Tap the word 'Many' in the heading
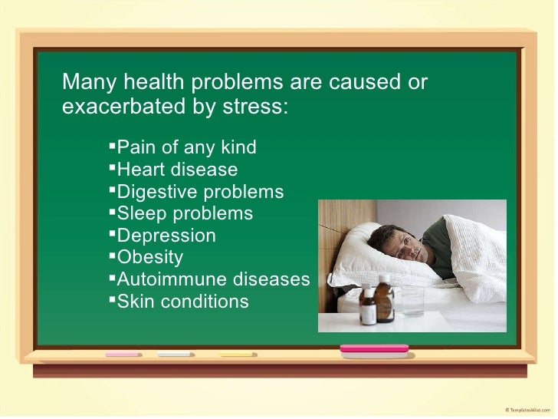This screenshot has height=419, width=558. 87,81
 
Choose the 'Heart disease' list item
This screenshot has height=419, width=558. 176,170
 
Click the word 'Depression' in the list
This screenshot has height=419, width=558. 166,236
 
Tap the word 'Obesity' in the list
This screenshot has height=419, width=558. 150,257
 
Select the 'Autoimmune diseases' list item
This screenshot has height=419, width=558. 212,279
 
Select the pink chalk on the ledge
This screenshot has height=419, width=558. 123,355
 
